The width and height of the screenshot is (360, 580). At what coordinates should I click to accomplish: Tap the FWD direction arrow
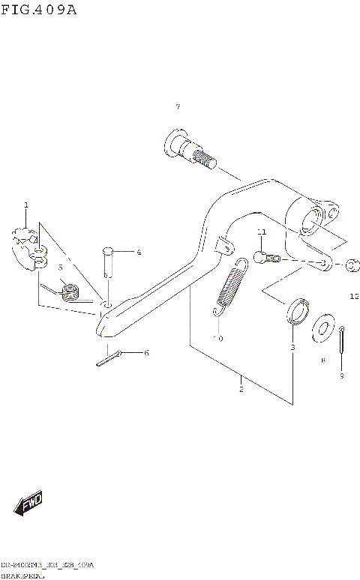(30, 504)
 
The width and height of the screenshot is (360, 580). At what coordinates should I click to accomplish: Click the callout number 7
(178, 107)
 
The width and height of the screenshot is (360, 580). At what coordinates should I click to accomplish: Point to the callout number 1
(25, 205)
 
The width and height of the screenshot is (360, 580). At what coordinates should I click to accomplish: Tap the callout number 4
(139, 253)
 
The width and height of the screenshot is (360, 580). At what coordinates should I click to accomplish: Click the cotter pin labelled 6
(109, 357)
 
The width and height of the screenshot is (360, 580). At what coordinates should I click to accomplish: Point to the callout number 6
(146, 352)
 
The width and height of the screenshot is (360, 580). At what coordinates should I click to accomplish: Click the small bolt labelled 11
(265, 259)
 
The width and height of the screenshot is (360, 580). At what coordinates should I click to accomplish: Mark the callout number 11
(261, 232)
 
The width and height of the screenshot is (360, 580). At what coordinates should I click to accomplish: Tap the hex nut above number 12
(353, 266)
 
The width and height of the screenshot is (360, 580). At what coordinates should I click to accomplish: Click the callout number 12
(353, 297)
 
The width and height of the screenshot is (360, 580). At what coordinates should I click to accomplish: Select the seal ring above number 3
(296, 310)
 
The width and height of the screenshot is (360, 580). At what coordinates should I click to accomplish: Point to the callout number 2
(241, 389)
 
